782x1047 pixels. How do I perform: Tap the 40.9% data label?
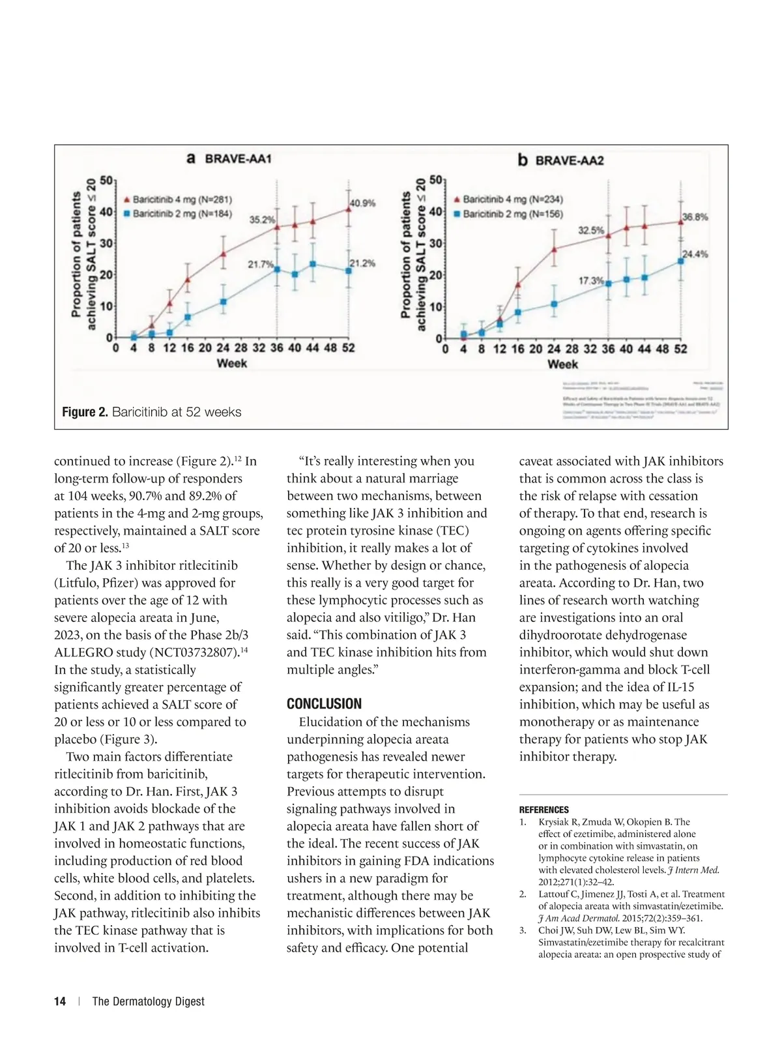coord(363,203)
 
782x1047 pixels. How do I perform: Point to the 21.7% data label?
coord(261,264)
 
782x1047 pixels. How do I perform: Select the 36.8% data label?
coord(695,216)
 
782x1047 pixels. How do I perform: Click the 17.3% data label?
coord(591,280)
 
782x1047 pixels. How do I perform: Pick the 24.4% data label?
coord(695,254)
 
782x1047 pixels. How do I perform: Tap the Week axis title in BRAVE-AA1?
coord(231,363)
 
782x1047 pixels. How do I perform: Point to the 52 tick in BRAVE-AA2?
coord(680,349)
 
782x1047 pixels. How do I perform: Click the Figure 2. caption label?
coord(85,412)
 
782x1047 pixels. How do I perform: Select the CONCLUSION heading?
coord(324,704)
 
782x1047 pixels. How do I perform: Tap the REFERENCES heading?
coord(543,810)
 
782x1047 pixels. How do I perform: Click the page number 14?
coord(60,1001)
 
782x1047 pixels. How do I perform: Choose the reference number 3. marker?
coord(523,930)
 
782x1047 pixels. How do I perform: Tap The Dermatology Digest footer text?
coord(148,1001)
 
